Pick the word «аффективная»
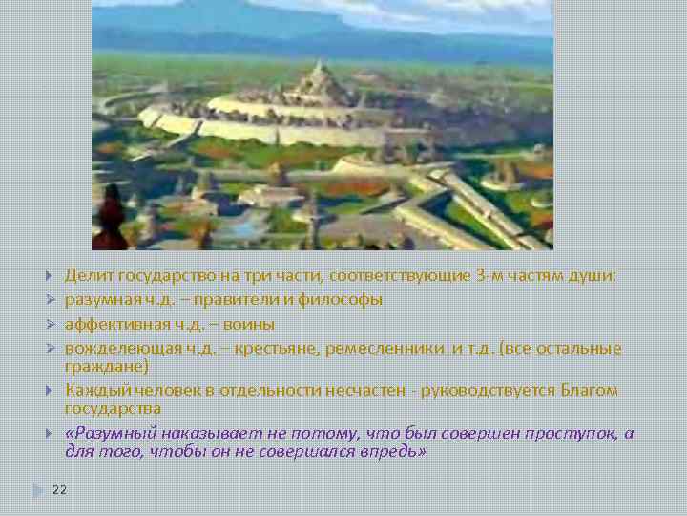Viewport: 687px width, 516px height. (x=111, y=324)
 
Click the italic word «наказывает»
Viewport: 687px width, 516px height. (x=198, y=433)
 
